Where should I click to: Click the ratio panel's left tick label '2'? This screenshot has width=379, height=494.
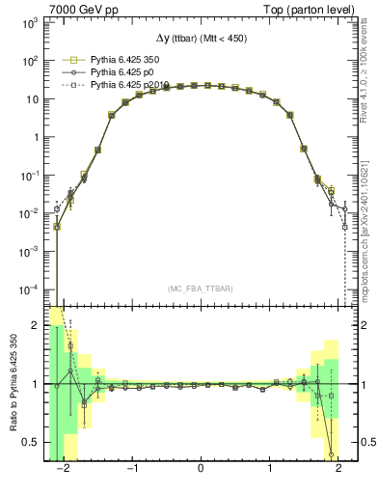click(37, 326)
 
